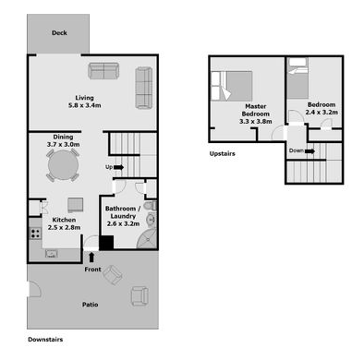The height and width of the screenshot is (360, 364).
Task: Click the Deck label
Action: pos(59,33)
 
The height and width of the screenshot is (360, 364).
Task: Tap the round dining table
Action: pos(63,165)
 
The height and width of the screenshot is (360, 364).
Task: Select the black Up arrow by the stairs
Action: pos(118,167)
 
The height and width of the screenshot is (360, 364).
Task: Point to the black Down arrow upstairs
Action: pos(309,151)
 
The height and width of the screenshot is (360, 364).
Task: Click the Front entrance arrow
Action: pos(91,258)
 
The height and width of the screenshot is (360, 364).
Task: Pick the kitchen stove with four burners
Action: pos(35,234)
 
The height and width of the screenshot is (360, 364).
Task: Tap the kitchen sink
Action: pos(52,254)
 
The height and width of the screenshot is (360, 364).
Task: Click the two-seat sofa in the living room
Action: pos(103,71)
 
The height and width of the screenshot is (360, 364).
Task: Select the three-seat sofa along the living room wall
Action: pos(144,88)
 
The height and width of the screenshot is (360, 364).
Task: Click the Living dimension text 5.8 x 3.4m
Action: pos(85,105)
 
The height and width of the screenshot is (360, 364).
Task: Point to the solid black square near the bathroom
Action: pos(106,243)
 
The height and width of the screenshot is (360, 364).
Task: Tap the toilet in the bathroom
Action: pos(151,206)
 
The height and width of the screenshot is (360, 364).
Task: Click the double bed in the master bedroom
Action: pos(232,86)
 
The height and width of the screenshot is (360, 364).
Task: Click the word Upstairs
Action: pos(222,153)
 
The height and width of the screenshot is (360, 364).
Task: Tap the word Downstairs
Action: pos(45,340)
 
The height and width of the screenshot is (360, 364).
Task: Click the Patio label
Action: pos(91,305)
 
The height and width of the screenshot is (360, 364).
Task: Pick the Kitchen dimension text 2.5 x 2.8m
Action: pos(64,228)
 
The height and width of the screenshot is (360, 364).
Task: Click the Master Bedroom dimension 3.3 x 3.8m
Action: pos(256,122)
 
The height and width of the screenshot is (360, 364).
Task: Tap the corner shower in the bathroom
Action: pos(148,237)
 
